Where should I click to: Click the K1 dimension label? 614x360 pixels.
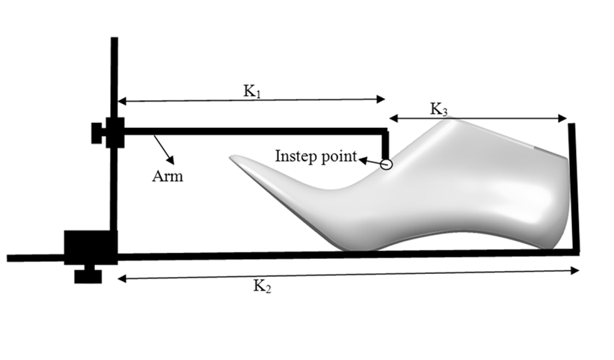[252, 91]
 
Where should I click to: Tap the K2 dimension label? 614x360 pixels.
[262, 286]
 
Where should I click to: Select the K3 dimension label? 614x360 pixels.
[438, 109]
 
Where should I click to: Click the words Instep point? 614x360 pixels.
[316, 156]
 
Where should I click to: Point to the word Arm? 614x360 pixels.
[168, 176]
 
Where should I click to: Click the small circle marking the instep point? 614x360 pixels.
[386, 165]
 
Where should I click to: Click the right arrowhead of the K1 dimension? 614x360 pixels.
[381, 99]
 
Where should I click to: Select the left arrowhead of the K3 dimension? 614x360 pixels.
[393, 118]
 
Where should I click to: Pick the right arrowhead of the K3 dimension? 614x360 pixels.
[562, 118]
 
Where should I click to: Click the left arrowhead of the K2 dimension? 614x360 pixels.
[122, 278]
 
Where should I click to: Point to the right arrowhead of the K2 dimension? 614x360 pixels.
[575, 270]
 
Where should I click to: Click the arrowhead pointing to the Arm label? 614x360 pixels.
[171, 159]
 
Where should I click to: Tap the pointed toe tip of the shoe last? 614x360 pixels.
[231, 158]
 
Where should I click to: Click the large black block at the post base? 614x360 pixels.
[90, 248]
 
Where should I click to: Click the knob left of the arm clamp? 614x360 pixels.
[96, 133]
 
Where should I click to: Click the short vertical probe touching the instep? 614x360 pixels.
[385, 145]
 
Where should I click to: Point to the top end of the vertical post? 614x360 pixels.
[114, 38]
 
